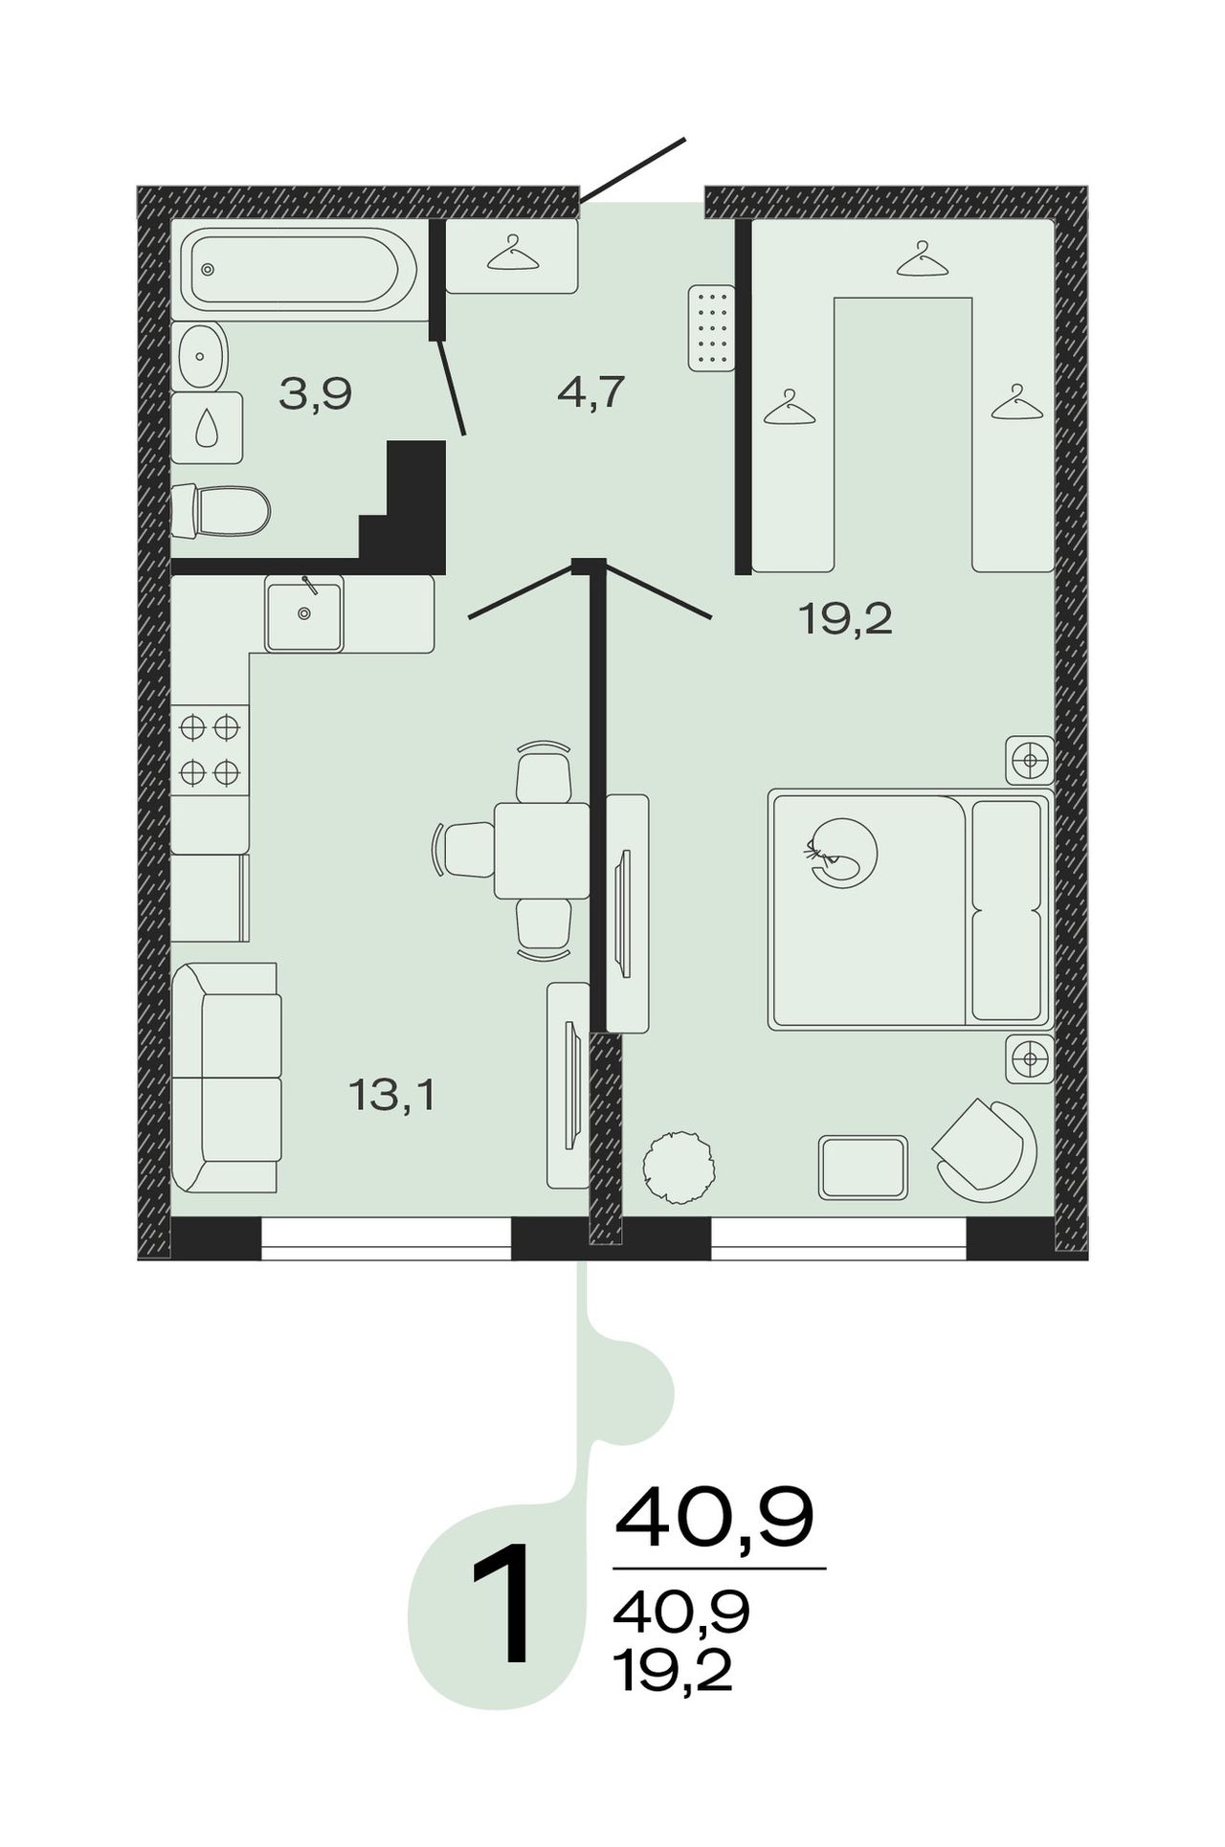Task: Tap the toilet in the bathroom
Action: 221,511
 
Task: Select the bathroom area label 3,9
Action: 316,393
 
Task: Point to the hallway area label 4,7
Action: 590,391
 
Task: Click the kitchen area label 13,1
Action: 392,1094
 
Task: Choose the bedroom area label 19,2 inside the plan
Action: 845,620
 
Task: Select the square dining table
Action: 542,850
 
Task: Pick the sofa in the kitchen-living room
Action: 227,1078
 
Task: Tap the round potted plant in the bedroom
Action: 679,1168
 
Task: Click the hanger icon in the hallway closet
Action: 513,254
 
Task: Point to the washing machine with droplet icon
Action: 207,428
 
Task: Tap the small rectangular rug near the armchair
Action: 863,1168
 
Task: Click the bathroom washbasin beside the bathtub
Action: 201,355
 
